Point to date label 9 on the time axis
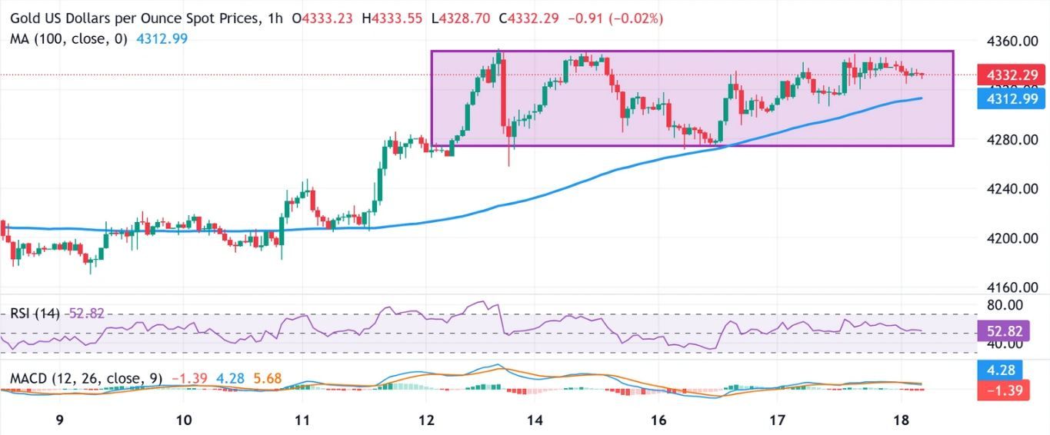[59, 421]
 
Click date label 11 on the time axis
[302, 421]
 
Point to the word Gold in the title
[28, 16]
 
